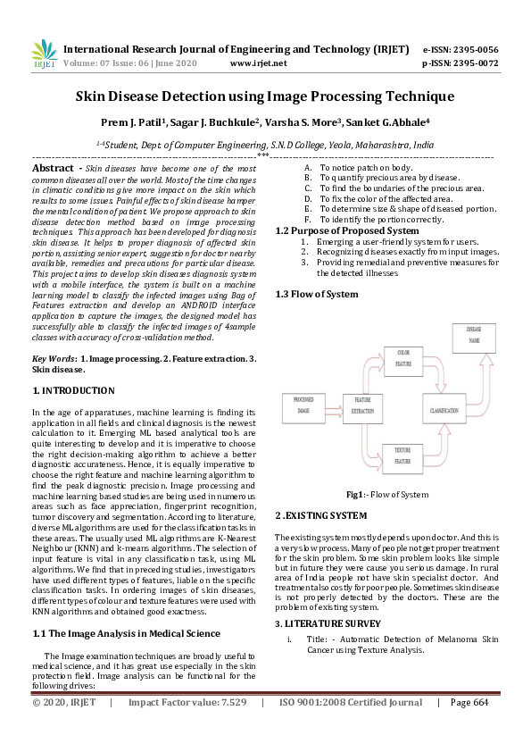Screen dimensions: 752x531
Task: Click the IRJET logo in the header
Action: tap(43, 55)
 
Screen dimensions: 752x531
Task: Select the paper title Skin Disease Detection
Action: tap(264, 96)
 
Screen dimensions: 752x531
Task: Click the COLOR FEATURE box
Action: tap(403, 358)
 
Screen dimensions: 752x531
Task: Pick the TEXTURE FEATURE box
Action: tap(402, 458)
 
